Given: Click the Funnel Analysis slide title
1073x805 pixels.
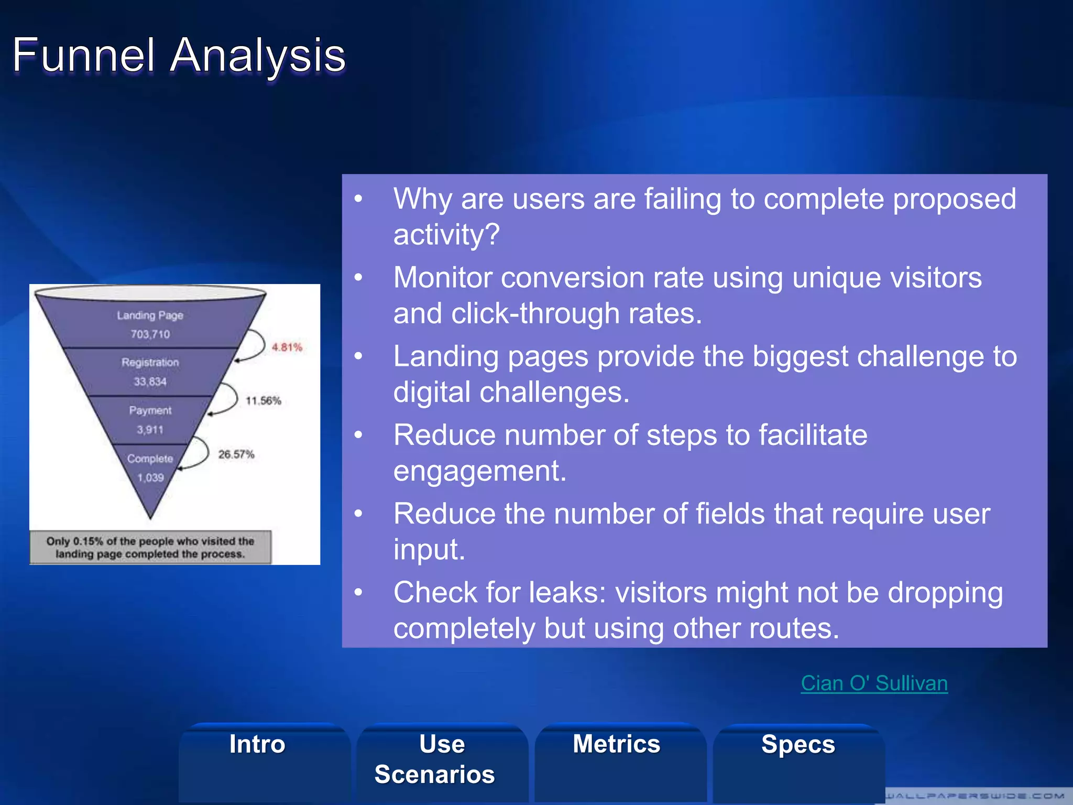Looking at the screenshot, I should pos(179,55).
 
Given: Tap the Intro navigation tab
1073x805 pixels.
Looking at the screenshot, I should pos(257,744).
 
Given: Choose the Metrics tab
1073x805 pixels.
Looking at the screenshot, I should pos(617,744).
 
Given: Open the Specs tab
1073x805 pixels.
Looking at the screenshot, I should pos(798,744).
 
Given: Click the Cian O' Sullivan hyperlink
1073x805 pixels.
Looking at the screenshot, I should pos(874,683).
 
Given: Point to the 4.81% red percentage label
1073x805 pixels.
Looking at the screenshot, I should pos(287,347).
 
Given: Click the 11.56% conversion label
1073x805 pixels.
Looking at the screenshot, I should pos(264,401).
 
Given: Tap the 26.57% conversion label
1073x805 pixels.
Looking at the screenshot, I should pos(236,454).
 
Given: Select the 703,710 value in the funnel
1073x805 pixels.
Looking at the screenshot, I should pos(150,334).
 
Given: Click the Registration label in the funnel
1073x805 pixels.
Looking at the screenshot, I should pos(150,362).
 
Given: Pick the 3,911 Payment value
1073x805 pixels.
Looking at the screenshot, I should pos(150,430).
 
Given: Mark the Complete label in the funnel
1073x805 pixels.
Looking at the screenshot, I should pos(150,459).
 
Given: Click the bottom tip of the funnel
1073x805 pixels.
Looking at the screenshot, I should pos(151,516).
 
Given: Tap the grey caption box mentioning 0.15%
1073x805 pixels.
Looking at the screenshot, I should pos(150,548).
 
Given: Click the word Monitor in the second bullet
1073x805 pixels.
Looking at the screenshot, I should pos(443,278).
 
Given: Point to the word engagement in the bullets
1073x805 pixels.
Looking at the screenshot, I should pos(480,471).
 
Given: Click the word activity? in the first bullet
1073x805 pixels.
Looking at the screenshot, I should pos(446,234).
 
